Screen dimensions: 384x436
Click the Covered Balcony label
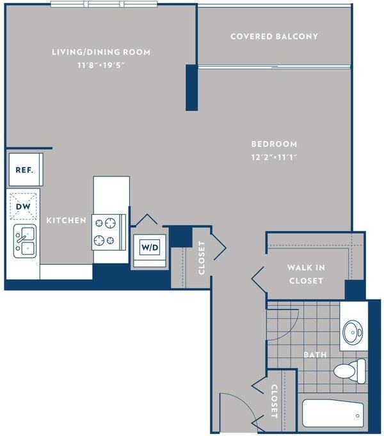coord(274,37)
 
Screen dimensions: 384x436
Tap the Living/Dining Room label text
coord(101,52)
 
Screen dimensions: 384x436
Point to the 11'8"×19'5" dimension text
coord(101,65)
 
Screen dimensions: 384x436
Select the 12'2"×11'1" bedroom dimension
coord(274,157)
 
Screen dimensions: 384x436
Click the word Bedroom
coord(274,144)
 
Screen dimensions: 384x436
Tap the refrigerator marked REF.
coord(26,169)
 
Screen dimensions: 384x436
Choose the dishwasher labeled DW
coord(23,206)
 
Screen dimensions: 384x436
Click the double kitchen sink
coord(25,241)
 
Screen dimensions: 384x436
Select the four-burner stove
coord(109,232)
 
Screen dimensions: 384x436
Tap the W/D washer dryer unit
coord(150,247)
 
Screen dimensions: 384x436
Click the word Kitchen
coord(67,221)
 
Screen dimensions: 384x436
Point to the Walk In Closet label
coord(306,274)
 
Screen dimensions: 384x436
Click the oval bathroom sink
coord(353,332)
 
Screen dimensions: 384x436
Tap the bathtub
coord(333,413)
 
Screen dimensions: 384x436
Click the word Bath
coord(315,355)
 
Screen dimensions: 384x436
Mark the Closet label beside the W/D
coord(202,258)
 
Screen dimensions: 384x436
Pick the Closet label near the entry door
coord(274,401)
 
